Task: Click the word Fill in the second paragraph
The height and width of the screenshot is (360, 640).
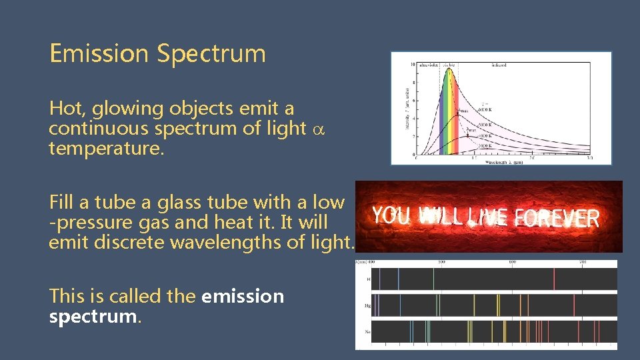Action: click(61, 201)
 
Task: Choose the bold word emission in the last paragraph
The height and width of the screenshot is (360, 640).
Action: click(242, 296)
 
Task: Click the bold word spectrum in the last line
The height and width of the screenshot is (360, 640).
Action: click(93, 317)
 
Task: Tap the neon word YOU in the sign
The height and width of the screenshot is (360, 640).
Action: click(392, 215)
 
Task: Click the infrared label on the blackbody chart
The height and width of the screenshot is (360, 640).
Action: click(499, 65)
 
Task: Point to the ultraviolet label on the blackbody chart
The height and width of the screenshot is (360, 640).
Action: click(427, 65)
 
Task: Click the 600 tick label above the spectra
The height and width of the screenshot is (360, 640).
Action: click(512, 262)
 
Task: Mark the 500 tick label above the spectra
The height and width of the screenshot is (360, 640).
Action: click(441, 262)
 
